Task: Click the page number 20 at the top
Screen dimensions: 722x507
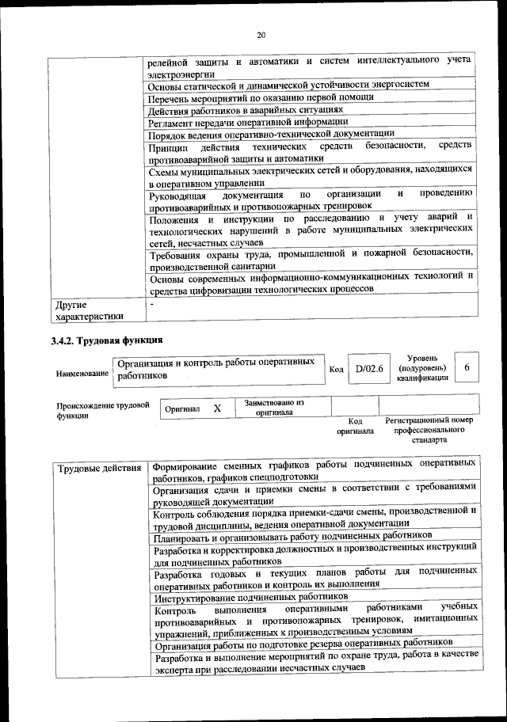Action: (x=261, y=34)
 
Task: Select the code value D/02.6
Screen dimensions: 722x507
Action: (x=369, y=368)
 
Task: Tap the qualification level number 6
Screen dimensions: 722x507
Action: (x=467, y=367)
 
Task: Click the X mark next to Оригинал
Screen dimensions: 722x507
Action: (x=217, y=408)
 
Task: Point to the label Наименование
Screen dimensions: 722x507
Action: (x=82, y=372)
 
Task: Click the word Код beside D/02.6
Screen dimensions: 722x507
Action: (x=336, y=369)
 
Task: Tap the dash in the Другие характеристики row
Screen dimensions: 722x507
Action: (x=152, y=303)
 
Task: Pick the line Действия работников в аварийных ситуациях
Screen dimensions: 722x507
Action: (x=246, y=110)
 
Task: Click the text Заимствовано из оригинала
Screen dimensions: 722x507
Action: (x=274, y=407)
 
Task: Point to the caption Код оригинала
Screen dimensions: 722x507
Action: (x=355, y=427)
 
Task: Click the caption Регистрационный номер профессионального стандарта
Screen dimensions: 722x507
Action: (x=429, y=429)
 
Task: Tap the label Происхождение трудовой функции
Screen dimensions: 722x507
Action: (x=102, y=409)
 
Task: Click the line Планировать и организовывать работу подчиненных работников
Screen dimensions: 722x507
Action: (x=287, y=538)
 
